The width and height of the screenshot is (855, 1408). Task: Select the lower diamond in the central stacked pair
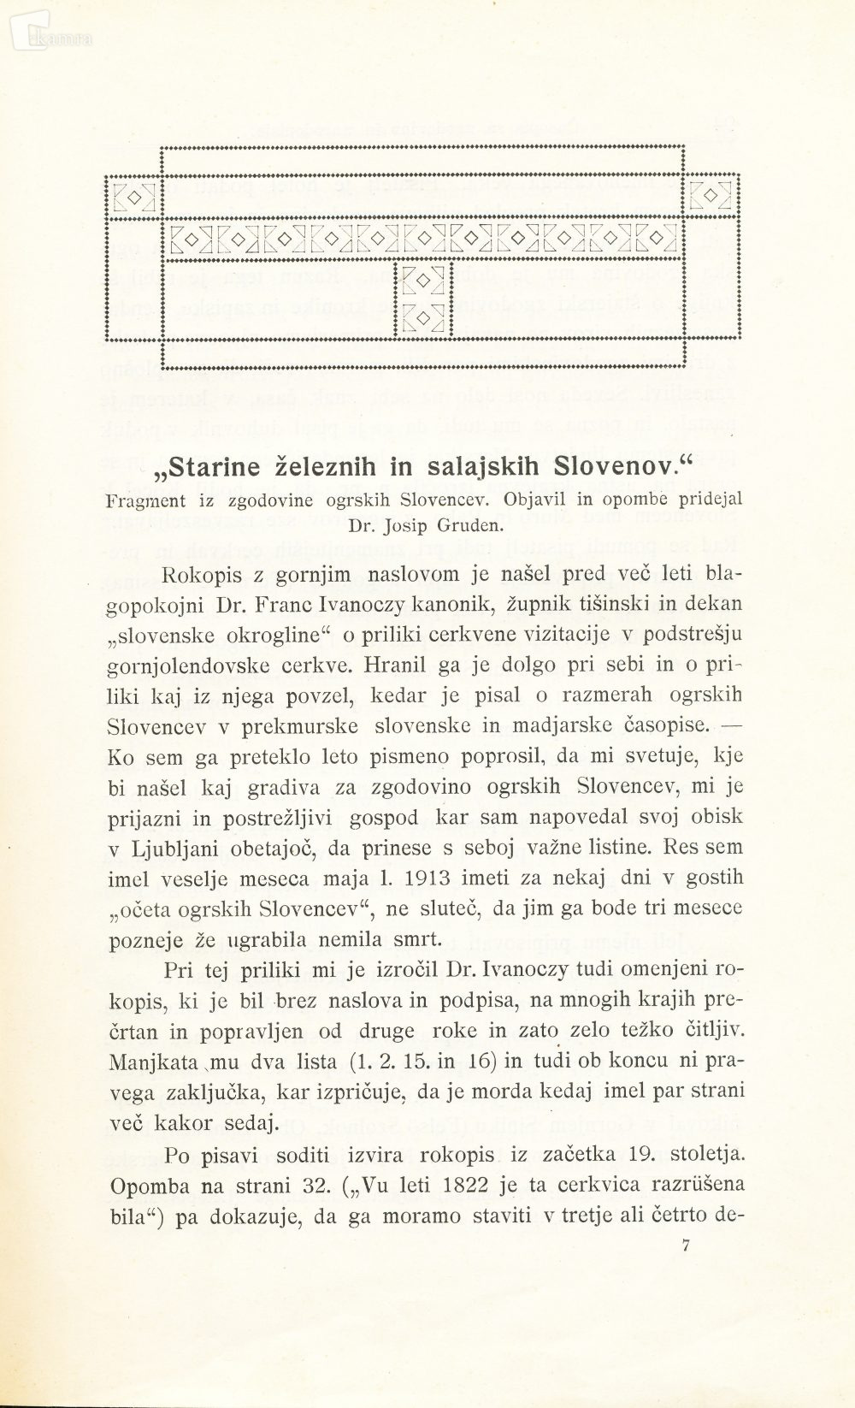coord(422,316)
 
